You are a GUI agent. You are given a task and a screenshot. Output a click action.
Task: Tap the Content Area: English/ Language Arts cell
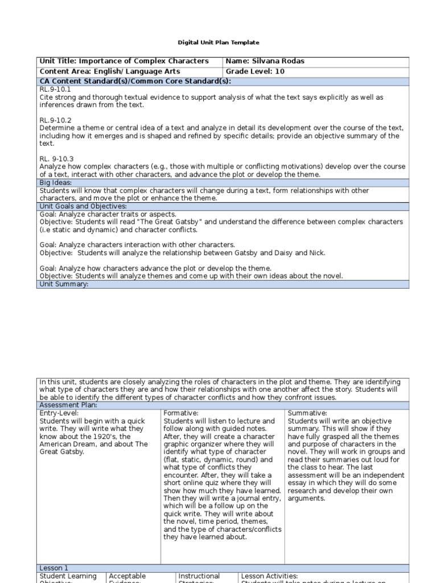point(110,72)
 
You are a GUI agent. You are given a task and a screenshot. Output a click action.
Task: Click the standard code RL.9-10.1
point(55,89)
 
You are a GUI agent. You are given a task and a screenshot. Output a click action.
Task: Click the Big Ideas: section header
point(56,183)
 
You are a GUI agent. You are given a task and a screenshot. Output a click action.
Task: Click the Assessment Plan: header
point(68,405)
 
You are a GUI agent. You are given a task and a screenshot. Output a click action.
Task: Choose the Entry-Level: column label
point(57,413)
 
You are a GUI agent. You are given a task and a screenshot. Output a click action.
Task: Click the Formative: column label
point(180,413)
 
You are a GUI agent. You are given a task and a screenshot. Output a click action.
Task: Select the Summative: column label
point(307,413)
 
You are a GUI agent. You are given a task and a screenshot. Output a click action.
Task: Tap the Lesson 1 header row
point(53,568)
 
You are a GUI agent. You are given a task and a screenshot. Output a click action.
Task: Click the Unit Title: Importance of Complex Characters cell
point(123,61)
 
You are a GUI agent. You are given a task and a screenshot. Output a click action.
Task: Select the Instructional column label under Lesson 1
point(199,576)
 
